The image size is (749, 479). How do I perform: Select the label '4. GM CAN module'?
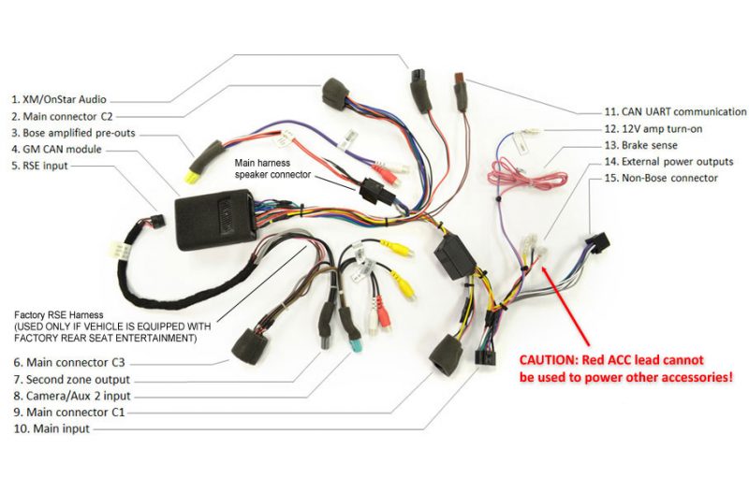[56, 150]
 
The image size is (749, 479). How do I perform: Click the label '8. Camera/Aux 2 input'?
[70, 396]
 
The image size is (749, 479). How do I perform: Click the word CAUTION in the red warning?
[552, 360]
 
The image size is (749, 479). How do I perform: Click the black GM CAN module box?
[214, 219]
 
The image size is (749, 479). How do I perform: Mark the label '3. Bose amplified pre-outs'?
[73, 133]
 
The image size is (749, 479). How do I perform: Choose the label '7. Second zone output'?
[69, 380]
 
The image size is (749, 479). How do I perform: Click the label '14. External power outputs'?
[673, 162]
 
